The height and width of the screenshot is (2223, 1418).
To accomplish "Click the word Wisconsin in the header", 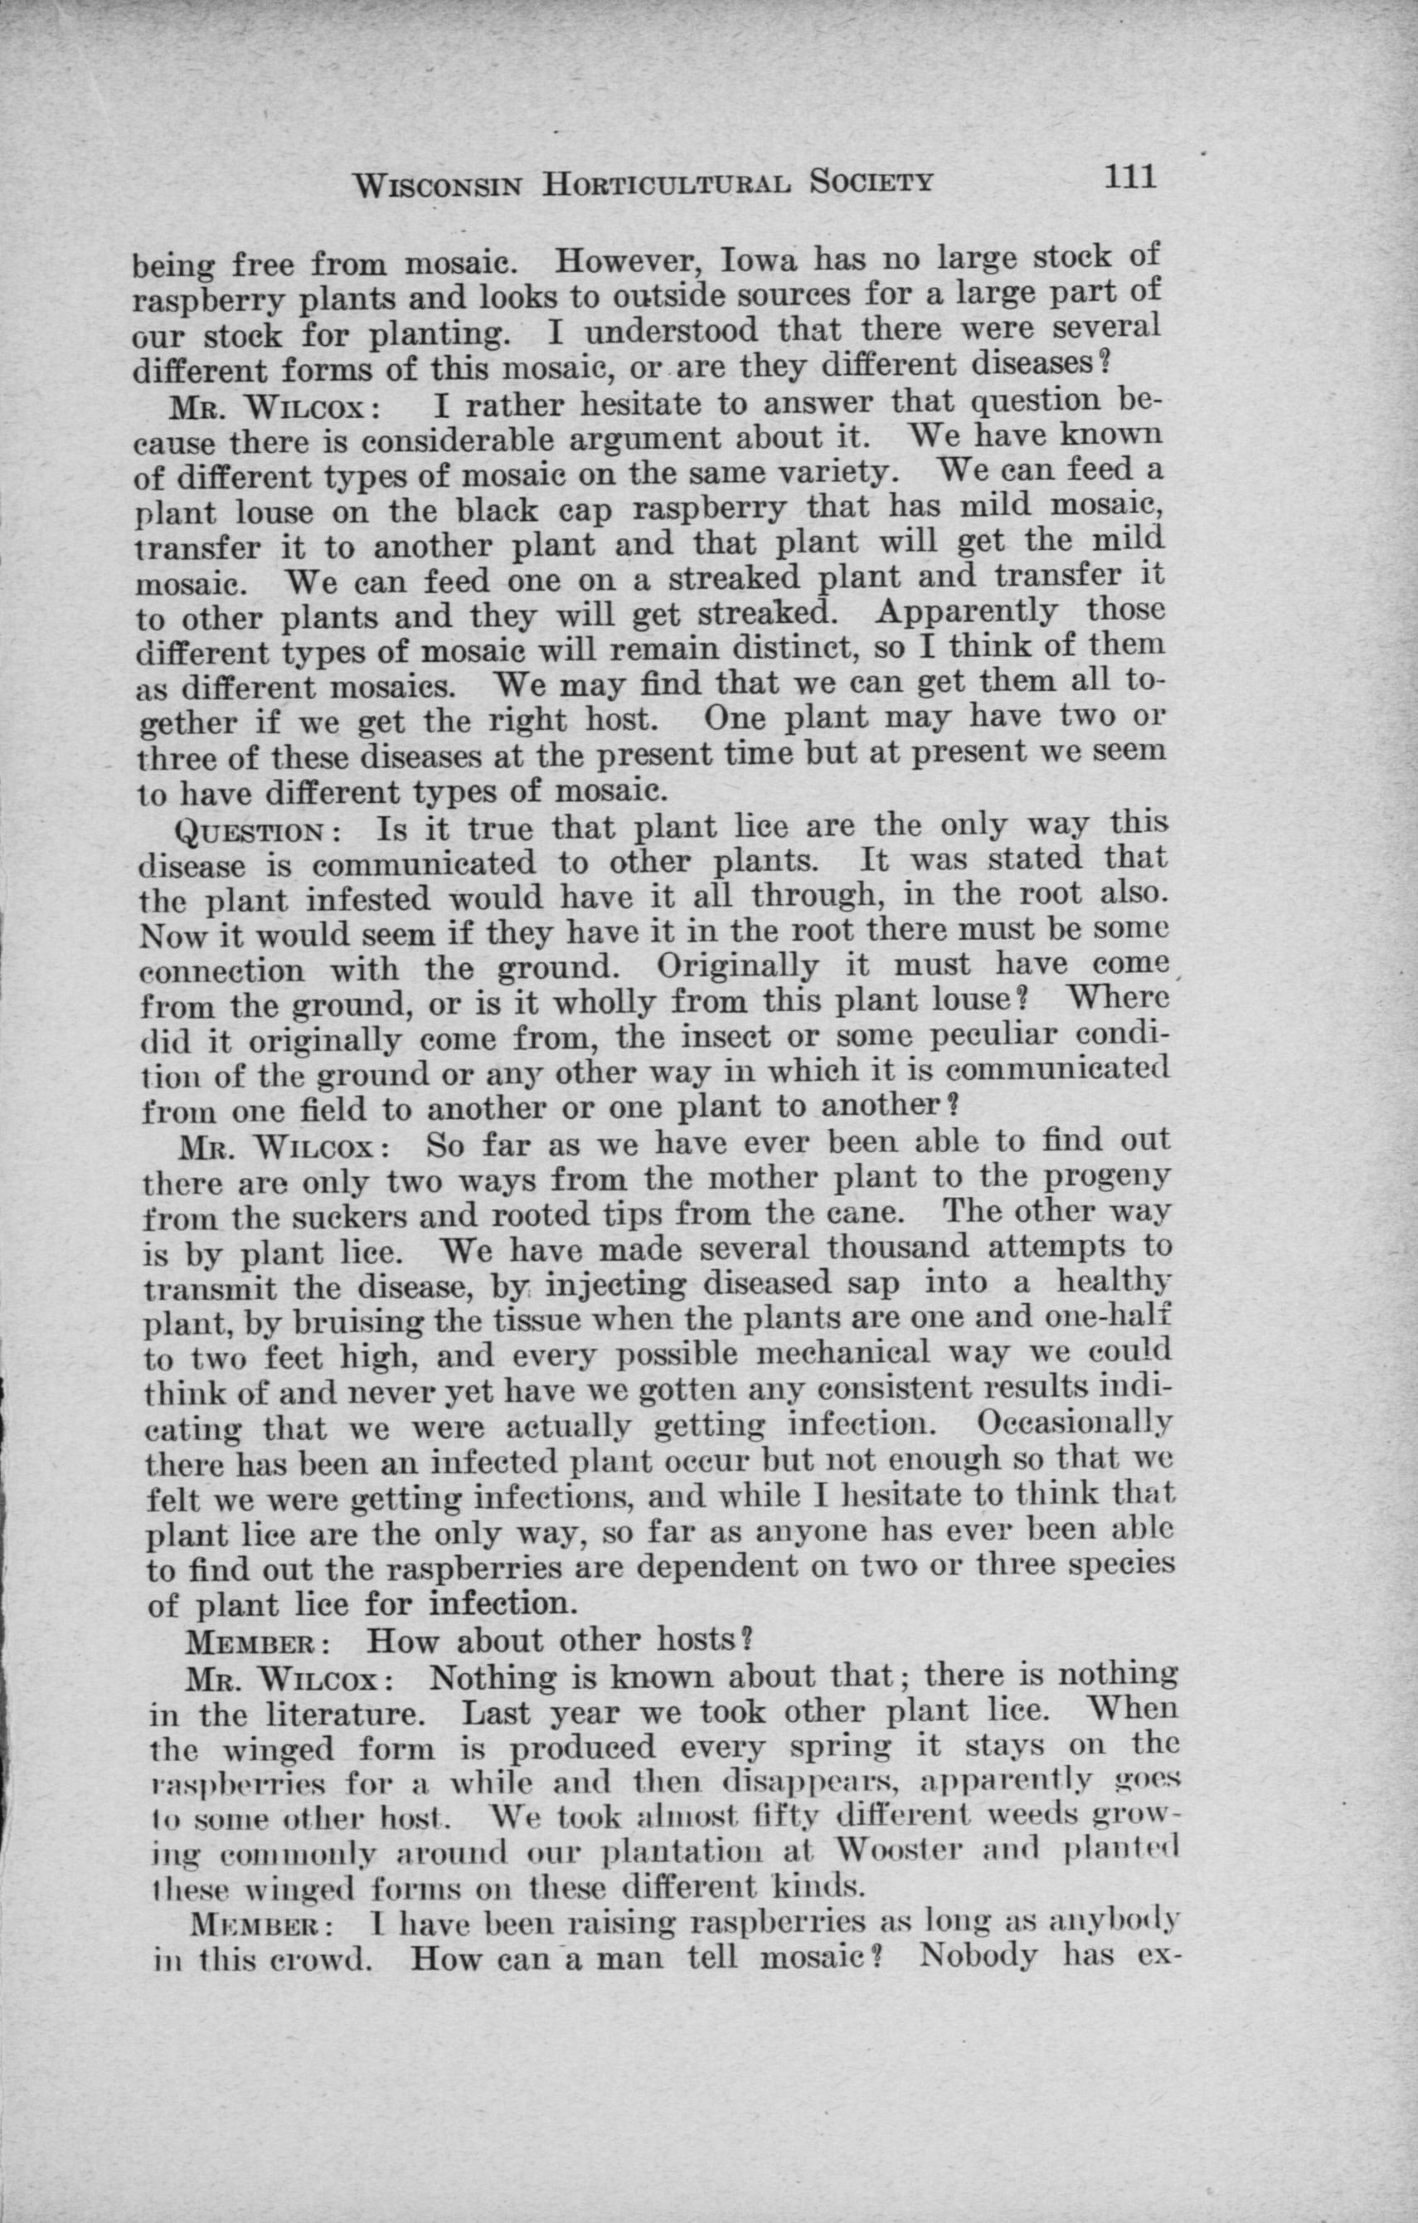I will (438, 185).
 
